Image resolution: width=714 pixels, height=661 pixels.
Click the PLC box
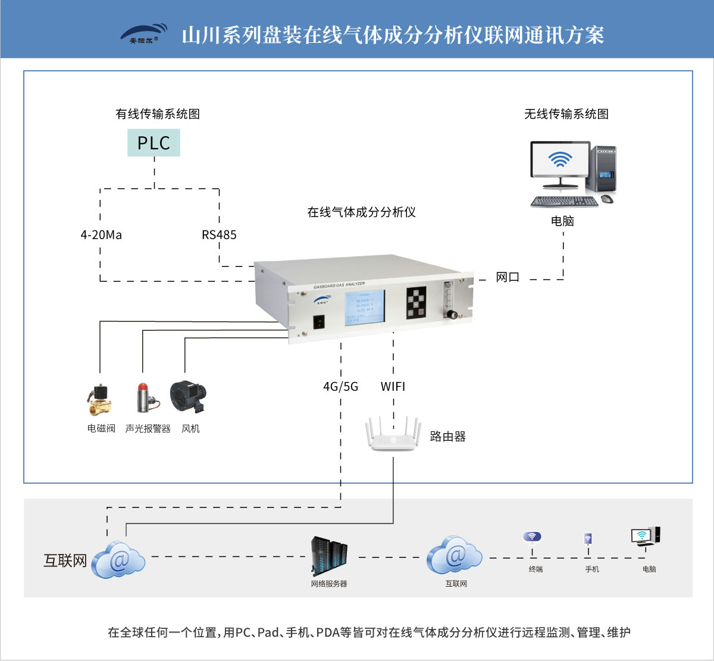coord(154,143)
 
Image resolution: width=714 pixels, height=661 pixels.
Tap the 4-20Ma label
coord(101,235)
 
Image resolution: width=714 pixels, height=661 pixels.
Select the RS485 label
coord(219,235)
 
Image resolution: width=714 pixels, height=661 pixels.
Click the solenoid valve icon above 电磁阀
coord(99,400)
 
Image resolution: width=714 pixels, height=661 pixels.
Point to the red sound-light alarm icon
coord(145,398)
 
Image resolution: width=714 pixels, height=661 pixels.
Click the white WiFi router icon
coord(393,434)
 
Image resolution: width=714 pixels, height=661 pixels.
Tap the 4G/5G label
coord(340,387)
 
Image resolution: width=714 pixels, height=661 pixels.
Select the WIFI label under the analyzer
coord(393,387)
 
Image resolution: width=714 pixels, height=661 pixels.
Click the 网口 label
coord(508,277)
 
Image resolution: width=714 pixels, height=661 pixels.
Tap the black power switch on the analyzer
coord(320,322)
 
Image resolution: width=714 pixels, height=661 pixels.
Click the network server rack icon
coord(329,556)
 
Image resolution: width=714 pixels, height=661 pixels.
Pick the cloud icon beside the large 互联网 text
coord(119,559)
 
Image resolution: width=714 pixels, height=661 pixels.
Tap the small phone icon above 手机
coord(588,540)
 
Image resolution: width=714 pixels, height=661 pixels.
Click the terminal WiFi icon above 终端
coord(532,538)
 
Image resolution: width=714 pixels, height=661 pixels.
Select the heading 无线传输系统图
coord(566,114)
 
